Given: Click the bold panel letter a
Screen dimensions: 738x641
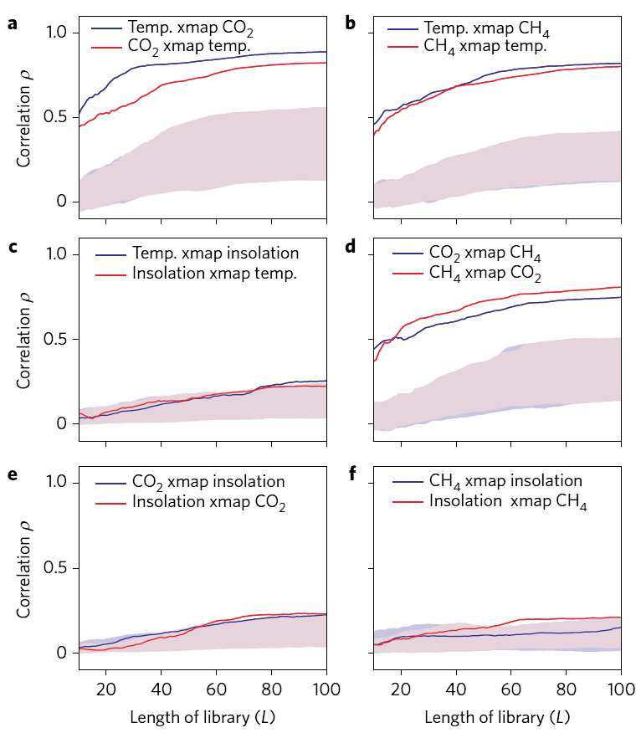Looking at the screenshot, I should [x=13, y=23].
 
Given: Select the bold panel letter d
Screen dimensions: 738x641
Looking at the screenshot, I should [x=350, y=246].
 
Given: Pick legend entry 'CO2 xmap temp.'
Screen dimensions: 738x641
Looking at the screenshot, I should [x=189, y=47].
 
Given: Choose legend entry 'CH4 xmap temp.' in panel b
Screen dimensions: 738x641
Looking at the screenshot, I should [x=487, y=47].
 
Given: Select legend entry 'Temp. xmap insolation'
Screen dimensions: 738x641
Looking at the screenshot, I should [x=215, y=252].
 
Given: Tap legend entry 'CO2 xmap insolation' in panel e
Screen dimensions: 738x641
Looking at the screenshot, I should [x=208, y=482].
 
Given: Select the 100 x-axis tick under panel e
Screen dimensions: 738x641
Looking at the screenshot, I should [x=326, y=689].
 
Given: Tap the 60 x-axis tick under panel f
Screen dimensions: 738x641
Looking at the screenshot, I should [x=511, y=689].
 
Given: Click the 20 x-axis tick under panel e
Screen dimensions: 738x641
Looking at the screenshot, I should [x=105, y=689].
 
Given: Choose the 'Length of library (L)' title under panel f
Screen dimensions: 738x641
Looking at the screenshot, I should [x=498, y=717].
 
